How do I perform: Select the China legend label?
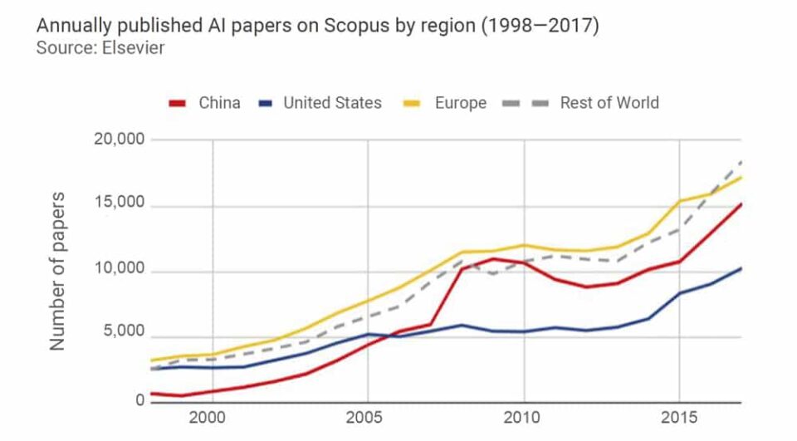(219, 103)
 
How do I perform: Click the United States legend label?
(332, 103)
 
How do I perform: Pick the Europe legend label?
(460, 103)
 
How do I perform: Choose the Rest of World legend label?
(609, 103)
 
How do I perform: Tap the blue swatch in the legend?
(265, 104)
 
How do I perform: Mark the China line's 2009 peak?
(492, 258)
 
